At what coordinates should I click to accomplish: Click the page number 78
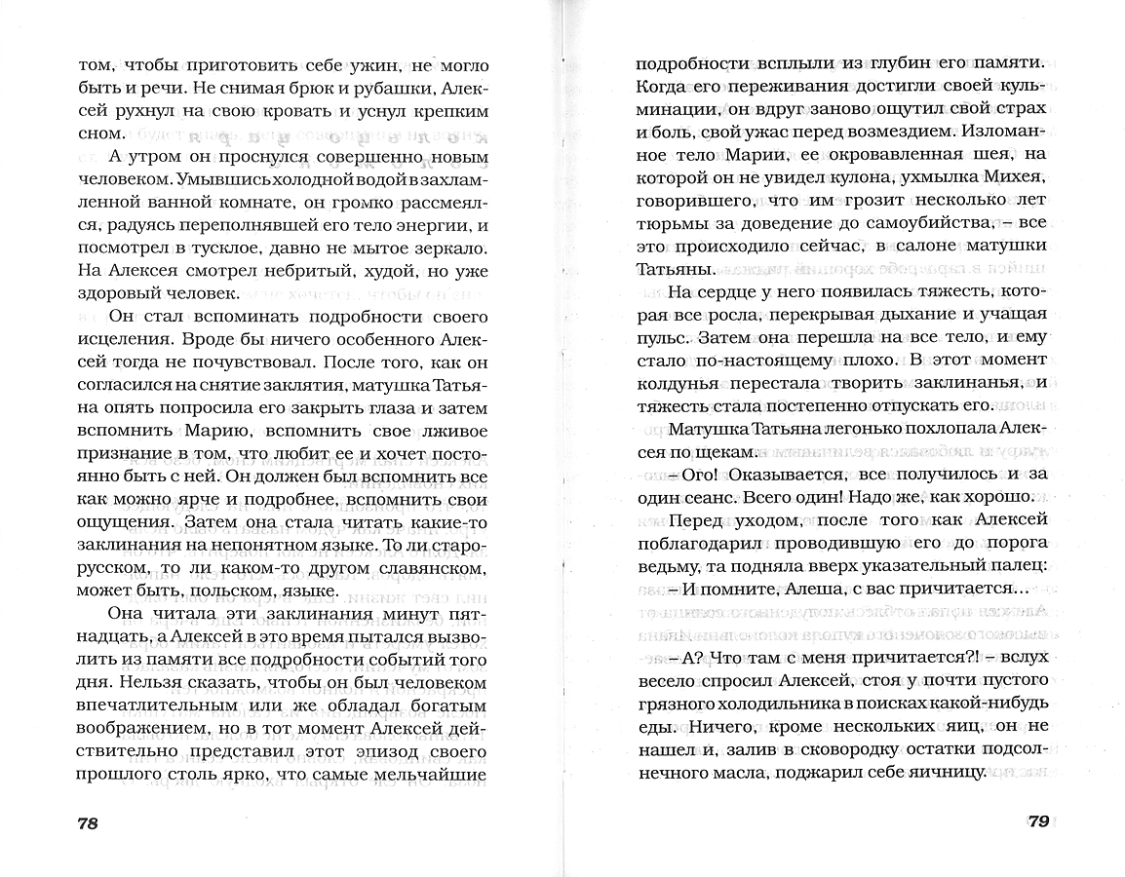87,823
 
